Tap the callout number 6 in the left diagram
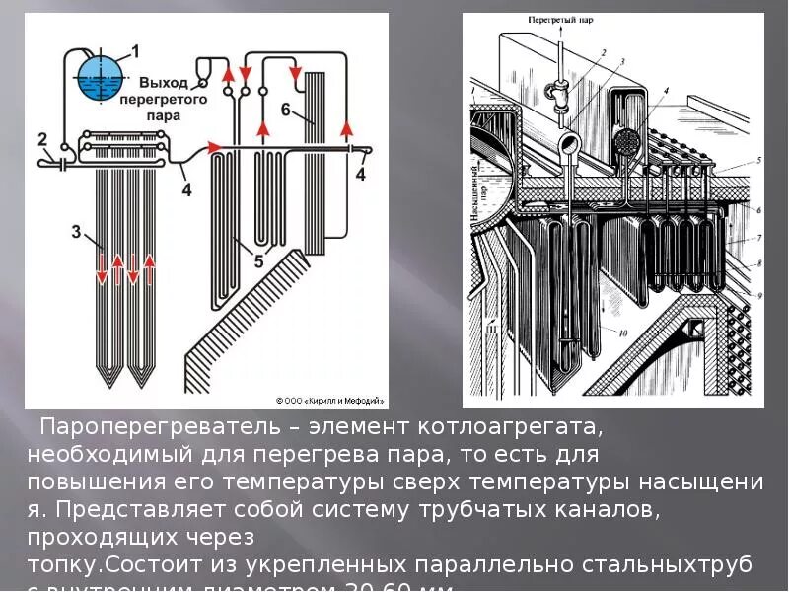coord(285,110)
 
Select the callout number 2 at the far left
coord(41,138)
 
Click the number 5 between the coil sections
coord(258,261)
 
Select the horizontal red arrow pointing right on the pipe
coord(215,147)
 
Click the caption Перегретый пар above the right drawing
coord(558,19)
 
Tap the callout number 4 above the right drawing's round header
coord(666,90)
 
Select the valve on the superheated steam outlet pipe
coord(558,96)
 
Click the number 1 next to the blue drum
coord(135,50)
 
